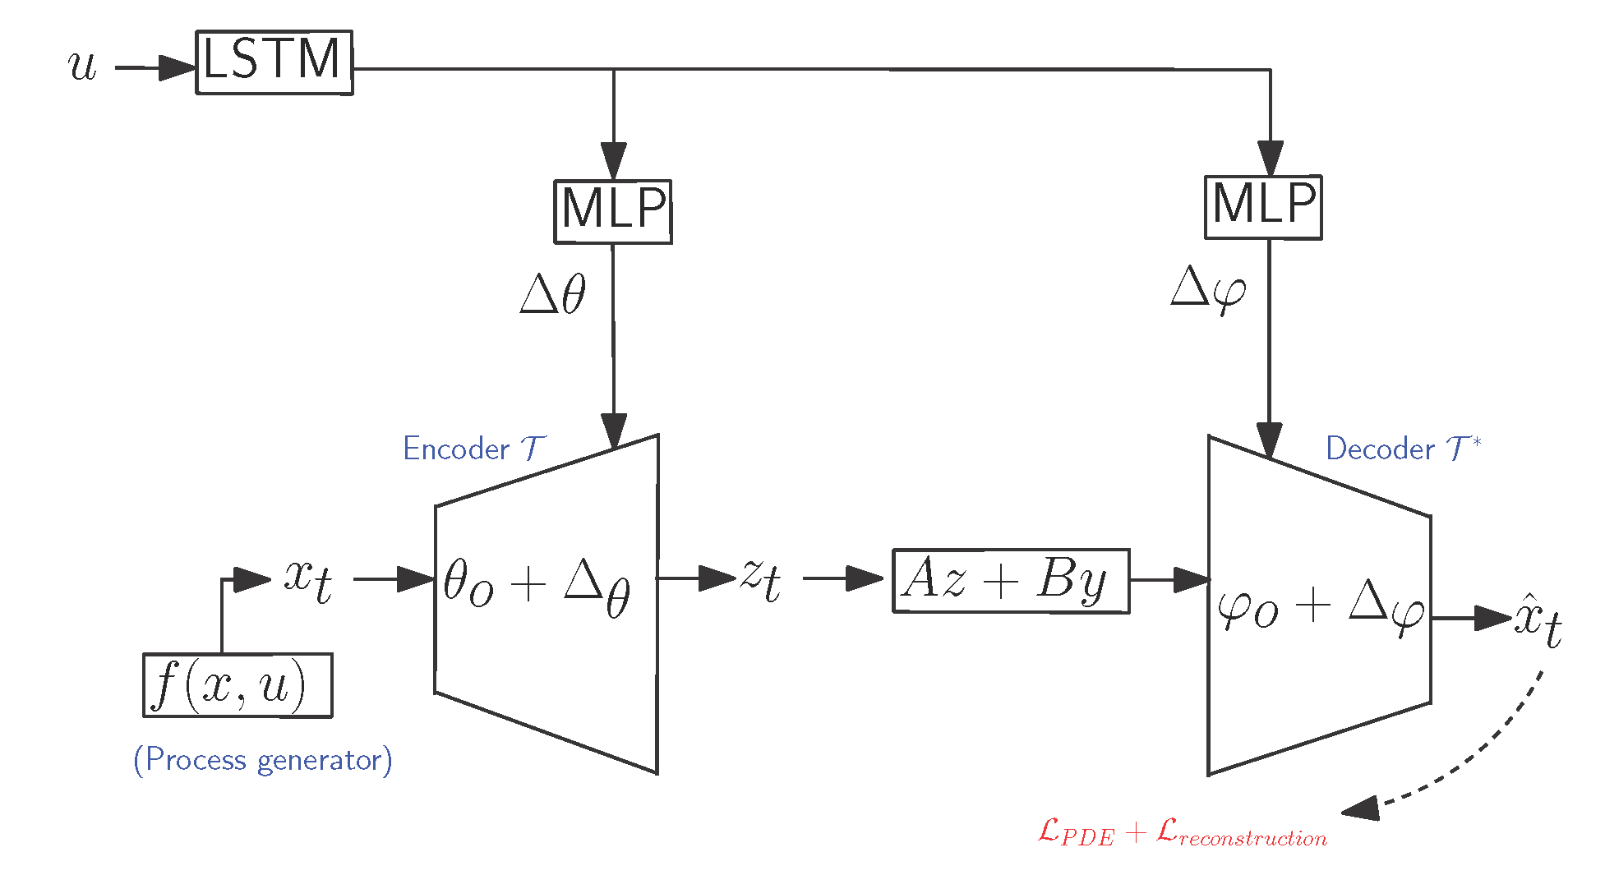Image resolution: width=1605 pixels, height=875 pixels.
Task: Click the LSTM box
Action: [274, 62]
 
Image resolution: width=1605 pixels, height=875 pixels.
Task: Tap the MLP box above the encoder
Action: [612, 211]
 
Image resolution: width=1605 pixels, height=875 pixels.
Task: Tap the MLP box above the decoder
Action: [1263, 207]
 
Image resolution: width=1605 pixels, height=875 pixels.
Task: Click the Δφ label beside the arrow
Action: [1207, 289]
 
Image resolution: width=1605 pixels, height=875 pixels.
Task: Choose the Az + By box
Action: [1011, 581]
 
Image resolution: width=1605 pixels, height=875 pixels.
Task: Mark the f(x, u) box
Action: [238, 685]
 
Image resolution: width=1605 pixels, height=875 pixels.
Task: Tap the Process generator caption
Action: [263, 759]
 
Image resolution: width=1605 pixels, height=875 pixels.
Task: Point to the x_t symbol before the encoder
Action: [308, 578]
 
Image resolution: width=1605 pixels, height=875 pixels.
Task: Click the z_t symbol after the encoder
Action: [760, 578]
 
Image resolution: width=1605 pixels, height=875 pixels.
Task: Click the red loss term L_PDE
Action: [1076, 832]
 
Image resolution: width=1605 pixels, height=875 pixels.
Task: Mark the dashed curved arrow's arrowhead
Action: [1361, 809]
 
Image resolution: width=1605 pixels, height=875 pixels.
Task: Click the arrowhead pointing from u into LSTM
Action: [178, 67]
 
